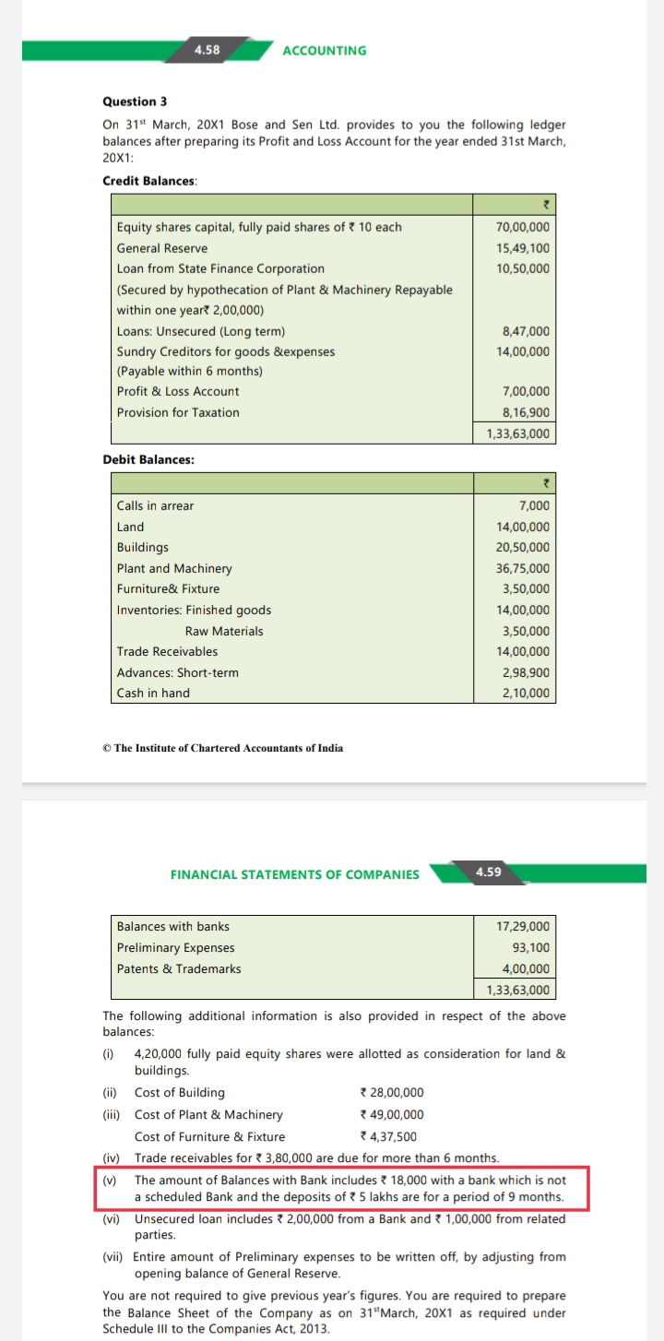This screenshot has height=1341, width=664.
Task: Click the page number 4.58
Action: coord(207,50)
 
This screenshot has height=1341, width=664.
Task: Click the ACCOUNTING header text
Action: coord(324,51)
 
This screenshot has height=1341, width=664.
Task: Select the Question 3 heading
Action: coord(135,101)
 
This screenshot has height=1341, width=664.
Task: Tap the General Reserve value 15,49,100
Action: coord(523,248)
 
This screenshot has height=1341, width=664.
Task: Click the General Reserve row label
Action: coord(162,248)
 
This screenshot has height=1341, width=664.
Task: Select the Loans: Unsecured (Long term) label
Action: coord(201,331)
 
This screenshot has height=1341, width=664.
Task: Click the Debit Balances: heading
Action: coord(148,459)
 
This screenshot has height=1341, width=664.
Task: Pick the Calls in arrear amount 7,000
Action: coord(535,505)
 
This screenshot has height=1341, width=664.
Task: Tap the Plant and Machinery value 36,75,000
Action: coord(523,568)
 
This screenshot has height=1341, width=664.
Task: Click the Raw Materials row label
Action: coord(224,631)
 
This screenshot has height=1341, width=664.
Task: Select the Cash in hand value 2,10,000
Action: coord(526,693)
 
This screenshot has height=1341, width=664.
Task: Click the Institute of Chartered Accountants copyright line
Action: coord(222,748)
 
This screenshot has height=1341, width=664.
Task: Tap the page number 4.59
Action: coord(488,872)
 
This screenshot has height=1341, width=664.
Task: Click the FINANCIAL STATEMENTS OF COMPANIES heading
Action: coord(295,874)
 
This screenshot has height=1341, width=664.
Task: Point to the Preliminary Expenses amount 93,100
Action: coord(530,947)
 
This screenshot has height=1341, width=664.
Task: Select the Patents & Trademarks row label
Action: coord(179,968)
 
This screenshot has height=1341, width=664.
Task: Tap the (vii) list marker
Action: coord(113,1257)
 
